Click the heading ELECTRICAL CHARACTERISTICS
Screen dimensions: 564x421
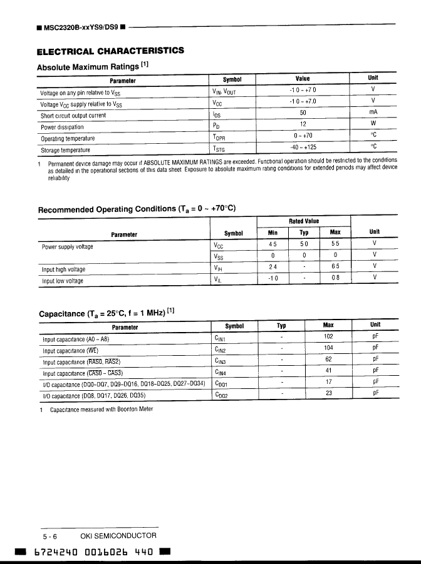coord(110,51)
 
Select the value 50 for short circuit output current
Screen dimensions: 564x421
coord(303,113)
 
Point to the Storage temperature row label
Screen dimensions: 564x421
coord(65,150)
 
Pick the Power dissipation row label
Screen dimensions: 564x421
coord(62,127)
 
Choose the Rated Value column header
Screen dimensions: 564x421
coord(303,221)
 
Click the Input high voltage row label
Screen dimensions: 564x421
coord(63,269)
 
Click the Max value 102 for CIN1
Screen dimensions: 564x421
coord(328,337)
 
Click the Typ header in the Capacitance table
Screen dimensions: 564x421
coord(281,326)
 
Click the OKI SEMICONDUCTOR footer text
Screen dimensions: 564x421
coord(118,536)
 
